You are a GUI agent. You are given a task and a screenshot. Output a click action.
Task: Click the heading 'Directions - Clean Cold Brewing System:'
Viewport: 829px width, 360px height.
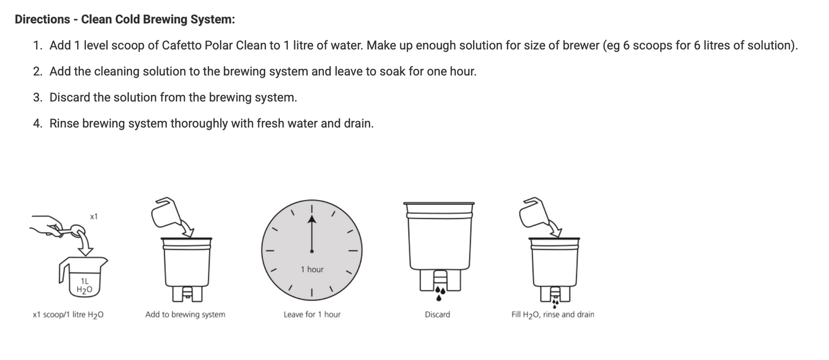pos(124,20)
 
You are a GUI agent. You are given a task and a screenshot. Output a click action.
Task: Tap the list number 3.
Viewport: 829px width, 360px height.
pos(37,98)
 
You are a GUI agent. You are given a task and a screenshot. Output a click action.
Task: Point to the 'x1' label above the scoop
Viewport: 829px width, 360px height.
pos(94,217)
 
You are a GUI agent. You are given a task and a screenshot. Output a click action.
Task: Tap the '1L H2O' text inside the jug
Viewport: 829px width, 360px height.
pos(85,285)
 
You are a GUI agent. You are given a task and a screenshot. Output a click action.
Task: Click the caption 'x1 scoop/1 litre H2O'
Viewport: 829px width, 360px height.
pos(68,315)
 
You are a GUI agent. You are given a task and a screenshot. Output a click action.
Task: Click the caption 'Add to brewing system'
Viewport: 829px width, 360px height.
pos(185,315)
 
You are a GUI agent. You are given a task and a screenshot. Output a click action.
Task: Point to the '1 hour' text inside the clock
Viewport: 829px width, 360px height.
pos(312,269)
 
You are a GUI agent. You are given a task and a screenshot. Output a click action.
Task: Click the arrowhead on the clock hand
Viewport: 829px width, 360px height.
pos(312,220)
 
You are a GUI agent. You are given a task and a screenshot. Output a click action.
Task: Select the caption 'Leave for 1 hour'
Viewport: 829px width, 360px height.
pos(312,315)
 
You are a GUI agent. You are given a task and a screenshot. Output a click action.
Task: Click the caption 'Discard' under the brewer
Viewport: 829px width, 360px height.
pos(437,315)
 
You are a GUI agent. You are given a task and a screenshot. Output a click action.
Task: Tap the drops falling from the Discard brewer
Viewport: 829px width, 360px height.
pos(439,291)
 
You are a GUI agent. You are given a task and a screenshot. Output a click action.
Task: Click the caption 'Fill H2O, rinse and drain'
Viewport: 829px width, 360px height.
pos(552,315)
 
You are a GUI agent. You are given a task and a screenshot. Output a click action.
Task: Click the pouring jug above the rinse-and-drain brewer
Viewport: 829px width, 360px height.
pos(532,213)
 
